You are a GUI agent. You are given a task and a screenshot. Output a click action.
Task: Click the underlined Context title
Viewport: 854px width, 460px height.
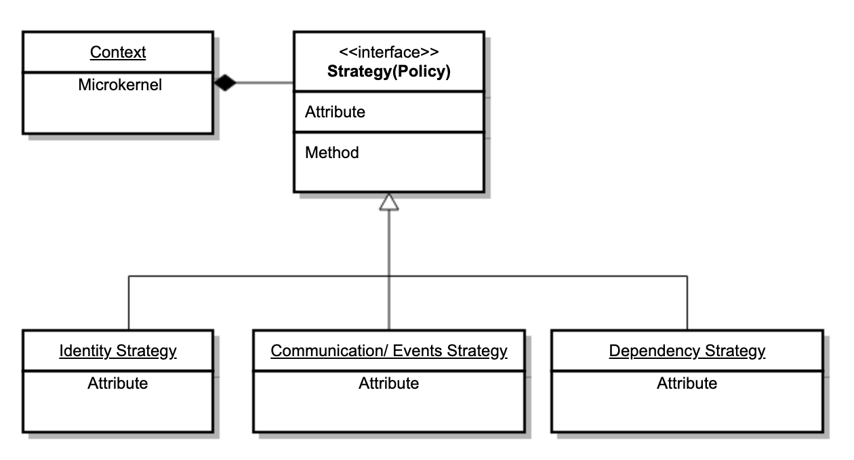[x=118, y=52]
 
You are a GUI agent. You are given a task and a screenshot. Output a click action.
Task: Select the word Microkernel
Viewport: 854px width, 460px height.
[x=120, y=85]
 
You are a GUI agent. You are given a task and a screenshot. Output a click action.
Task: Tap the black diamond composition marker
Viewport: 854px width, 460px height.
[x=224, y=83]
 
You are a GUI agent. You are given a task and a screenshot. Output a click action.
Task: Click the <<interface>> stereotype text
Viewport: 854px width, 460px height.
[x=388, y=52]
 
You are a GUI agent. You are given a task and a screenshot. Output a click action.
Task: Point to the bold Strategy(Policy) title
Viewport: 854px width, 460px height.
[x=388, y=71]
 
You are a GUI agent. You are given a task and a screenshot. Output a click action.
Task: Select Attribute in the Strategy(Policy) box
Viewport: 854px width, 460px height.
[x=335, y=112]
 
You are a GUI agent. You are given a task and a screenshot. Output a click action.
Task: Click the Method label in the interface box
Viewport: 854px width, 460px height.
[x=331, y=153]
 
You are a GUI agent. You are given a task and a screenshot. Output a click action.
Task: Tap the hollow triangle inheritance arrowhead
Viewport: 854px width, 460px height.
[x=388, y=202]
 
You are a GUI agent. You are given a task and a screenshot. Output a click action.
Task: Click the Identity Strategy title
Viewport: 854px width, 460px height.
[x=118, y=351]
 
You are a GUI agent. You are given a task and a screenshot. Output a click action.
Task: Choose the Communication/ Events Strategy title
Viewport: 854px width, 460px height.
[x=388, y=351]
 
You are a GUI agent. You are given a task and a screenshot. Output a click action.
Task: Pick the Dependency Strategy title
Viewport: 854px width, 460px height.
[x=687, y=351]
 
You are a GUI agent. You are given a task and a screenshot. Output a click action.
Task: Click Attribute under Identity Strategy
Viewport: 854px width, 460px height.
[x=118, y=383]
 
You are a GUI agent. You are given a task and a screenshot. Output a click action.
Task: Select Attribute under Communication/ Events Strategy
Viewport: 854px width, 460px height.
[x=388, y=383]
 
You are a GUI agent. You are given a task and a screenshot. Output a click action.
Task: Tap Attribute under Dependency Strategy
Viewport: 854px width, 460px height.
[x=687, y=383]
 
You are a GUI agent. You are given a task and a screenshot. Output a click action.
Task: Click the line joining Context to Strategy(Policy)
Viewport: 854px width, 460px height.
[x=264, y=83]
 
